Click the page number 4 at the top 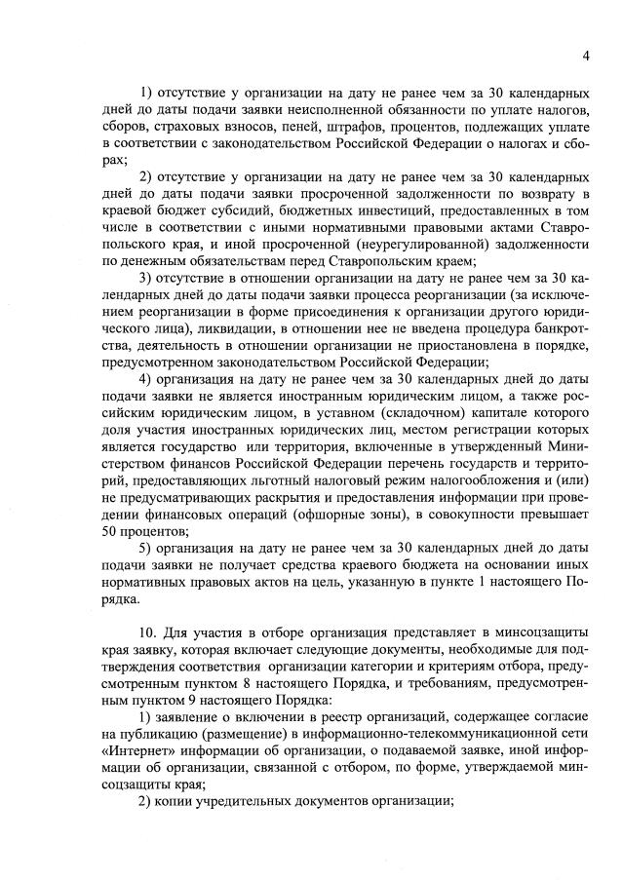tap(586, 55)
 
